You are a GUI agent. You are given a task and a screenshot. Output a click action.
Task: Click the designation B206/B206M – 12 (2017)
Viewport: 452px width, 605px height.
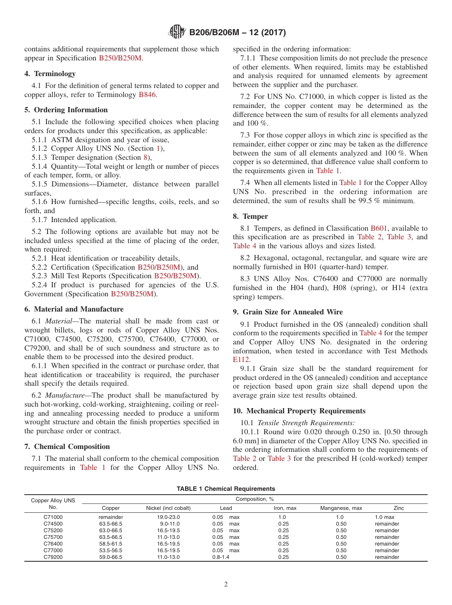(x=237, y=33)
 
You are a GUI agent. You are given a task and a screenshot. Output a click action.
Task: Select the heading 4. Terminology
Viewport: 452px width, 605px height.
(x=50, y=74)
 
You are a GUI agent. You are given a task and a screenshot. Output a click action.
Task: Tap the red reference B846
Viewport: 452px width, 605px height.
(x=147, y=95)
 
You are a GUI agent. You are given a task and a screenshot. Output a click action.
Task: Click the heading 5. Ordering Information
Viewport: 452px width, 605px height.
(x=66, y=110)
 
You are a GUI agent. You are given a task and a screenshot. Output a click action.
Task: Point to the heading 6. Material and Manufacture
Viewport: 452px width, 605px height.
(x=74, y=309)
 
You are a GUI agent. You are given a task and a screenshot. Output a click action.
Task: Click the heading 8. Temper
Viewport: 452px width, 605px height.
(x=250, y=216)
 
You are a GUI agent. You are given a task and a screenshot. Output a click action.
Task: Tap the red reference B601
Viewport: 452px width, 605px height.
(x=379, y=228)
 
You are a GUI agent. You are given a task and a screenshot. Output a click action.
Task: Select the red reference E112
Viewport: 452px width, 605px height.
(x=241, y=360)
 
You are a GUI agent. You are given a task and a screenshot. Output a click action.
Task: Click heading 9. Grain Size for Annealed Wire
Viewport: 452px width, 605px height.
(x=287, y=312)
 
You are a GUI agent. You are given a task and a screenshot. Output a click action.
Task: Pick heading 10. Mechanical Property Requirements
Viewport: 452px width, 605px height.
(x=299, y=411)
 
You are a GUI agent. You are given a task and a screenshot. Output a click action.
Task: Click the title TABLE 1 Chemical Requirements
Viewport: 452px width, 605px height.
(x=226, y=489)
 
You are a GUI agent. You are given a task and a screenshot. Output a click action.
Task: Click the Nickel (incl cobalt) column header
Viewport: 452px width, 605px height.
(x=168, y=508)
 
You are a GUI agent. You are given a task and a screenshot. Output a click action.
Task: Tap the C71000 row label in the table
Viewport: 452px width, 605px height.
(x=53, y=517)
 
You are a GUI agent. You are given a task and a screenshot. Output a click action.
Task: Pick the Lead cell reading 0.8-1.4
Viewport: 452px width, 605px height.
(x=221, y=557)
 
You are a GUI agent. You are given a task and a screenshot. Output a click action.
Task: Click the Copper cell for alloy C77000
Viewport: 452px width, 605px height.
(x=110, y=550)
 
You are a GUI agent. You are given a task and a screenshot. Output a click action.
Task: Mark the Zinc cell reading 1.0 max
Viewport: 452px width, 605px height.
(x=384, y=517)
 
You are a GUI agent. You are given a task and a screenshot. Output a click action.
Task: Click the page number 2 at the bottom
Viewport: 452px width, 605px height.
(x=226, y=585)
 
